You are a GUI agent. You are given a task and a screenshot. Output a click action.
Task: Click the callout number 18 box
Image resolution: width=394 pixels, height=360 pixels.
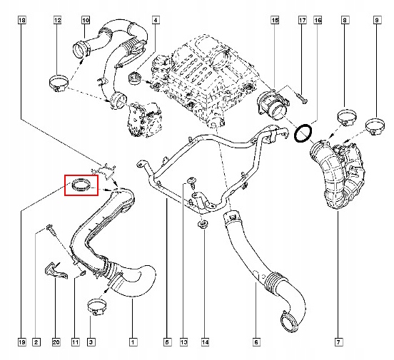pyautogui.click(x=22, y=20)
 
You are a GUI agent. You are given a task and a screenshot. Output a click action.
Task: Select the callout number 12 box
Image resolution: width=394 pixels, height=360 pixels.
pyautogui.click(x=58, y=20)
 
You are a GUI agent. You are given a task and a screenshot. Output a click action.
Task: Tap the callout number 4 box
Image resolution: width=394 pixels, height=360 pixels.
pyautogui.click(x=156, y=20)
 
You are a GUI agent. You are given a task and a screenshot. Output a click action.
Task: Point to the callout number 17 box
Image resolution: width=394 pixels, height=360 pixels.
pyautogui.click(x=303, y=20)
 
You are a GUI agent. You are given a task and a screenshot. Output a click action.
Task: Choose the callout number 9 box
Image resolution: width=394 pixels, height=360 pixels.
pyautogui.click(x=377, y=20)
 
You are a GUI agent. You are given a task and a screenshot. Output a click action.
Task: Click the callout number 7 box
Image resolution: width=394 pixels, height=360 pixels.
pyautogui.click(x=338, y=342)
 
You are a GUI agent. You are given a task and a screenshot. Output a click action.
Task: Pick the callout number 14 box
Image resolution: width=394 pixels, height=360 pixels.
pyautogui.click(x=205, y=342)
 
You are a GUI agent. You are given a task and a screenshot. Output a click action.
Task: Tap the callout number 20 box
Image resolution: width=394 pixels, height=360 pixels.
pyautogui.click(x=56, y=342)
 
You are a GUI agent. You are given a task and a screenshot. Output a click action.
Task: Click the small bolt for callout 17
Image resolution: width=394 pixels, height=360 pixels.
pyautogui.click(x=302, y=98)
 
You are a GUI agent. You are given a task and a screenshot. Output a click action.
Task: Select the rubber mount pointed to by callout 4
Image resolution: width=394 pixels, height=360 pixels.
pyautogui.click(x=135, y=78)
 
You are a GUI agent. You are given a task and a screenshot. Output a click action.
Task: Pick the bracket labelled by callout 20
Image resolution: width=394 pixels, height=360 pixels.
pyautogui.click(x=55, y=272)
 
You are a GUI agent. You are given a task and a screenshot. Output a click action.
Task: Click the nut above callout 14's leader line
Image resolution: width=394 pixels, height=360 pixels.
pyautogui.click(x=203, y=225)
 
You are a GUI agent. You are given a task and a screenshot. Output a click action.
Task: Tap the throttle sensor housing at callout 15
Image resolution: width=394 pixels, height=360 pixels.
pyautogui.click(x=273, y=106)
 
